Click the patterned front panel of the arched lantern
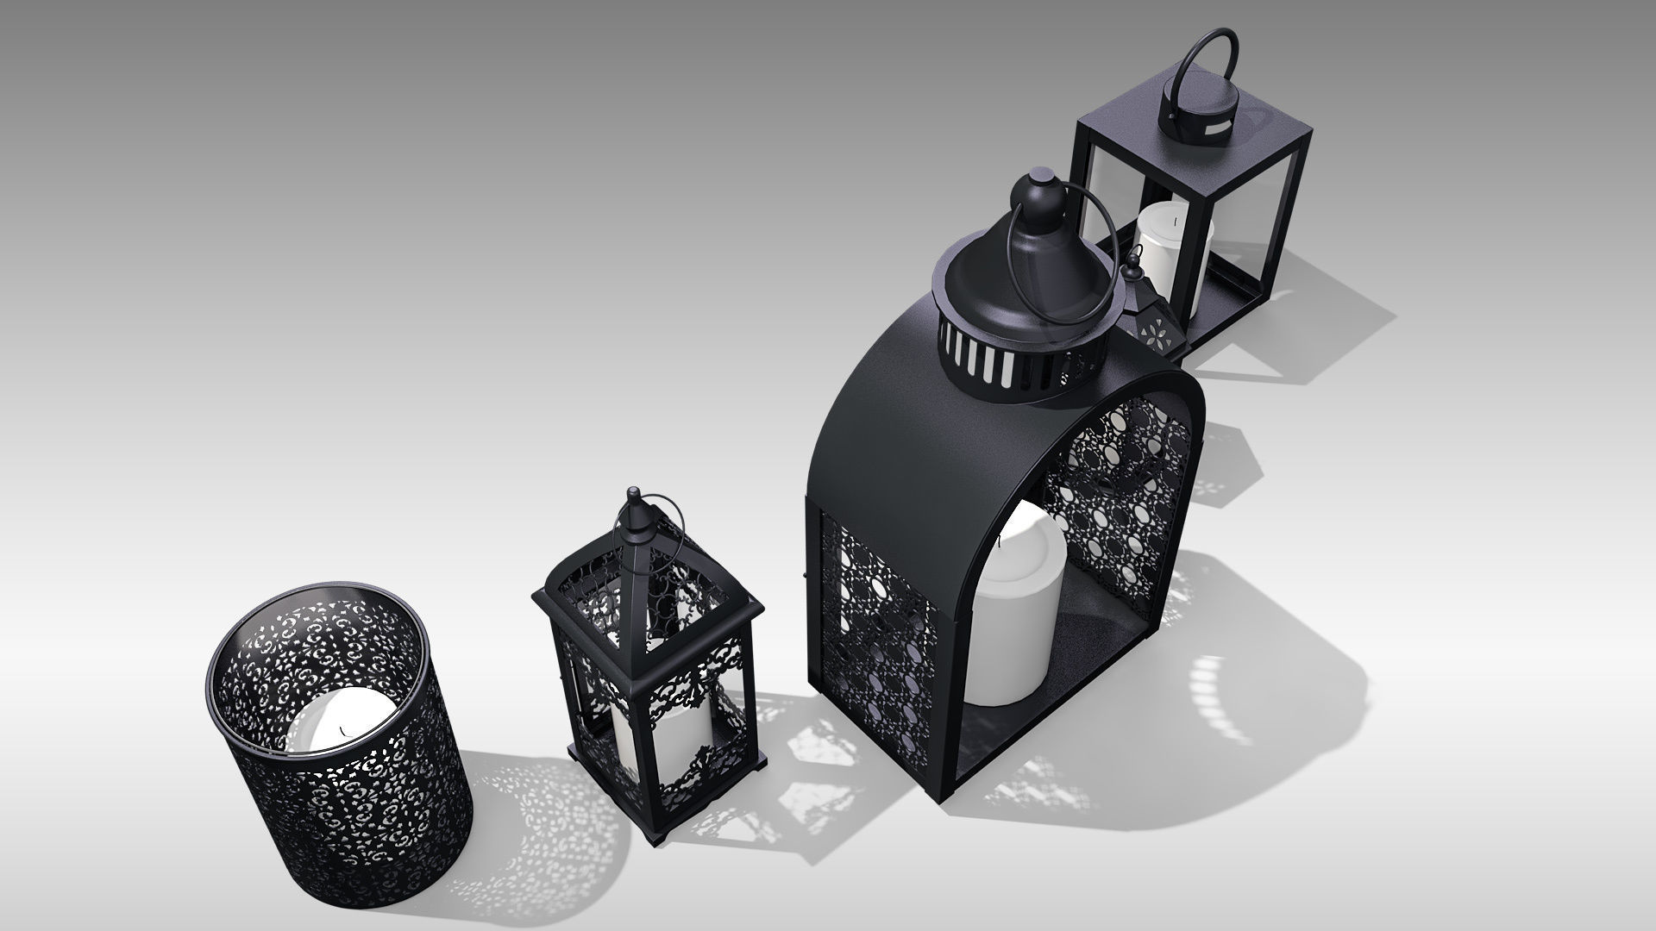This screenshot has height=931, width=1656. (x=875, y=629)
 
